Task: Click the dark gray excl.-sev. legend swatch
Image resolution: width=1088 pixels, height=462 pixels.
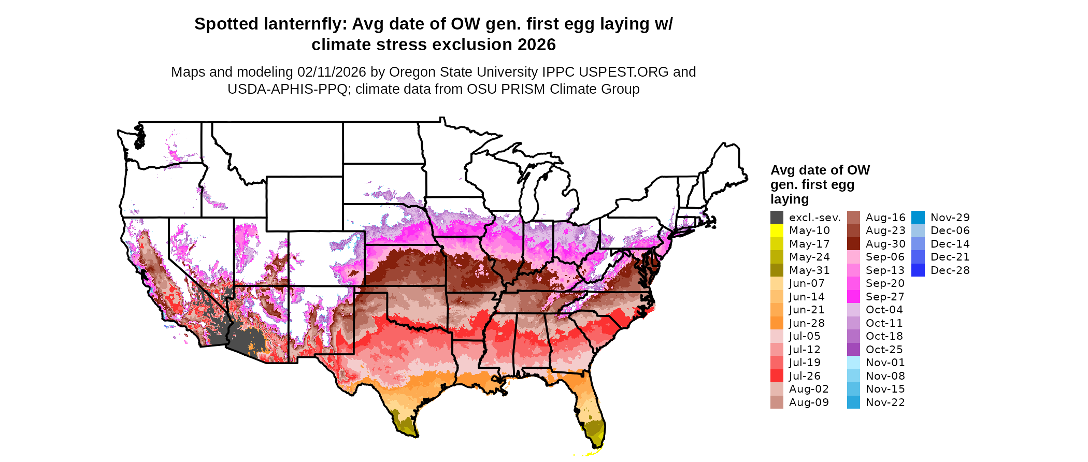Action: [x=777, y=218]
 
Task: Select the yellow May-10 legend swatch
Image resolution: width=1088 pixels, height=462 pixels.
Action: [x=777, y=230]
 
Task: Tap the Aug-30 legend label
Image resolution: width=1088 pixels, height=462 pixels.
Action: [x=885, y=244]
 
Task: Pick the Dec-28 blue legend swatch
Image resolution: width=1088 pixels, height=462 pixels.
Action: [x=918, y=270]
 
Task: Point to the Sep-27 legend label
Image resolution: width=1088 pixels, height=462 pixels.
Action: [x=885, y=297]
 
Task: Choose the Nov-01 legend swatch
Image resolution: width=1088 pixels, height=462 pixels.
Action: [x=853, y=363]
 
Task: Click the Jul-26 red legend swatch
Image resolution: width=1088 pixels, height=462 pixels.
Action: [x=777, y=376]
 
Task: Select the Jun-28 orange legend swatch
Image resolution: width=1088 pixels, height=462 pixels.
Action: [x=777, y=323]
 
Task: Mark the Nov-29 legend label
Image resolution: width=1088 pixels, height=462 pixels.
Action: [x=950, y=218]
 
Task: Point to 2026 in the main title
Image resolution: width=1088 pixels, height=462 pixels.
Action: [x=536, y=45]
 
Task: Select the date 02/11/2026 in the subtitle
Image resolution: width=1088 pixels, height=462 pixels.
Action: [x=332, y=72]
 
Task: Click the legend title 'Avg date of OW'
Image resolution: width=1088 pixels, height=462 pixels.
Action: [x=820, y=170]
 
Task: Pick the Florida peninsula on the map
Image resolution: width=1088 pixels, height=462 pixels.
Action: [x=591, y=409]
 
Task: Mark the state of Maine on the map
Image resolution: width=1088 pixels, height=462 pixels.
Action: [x=725, y=166]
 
